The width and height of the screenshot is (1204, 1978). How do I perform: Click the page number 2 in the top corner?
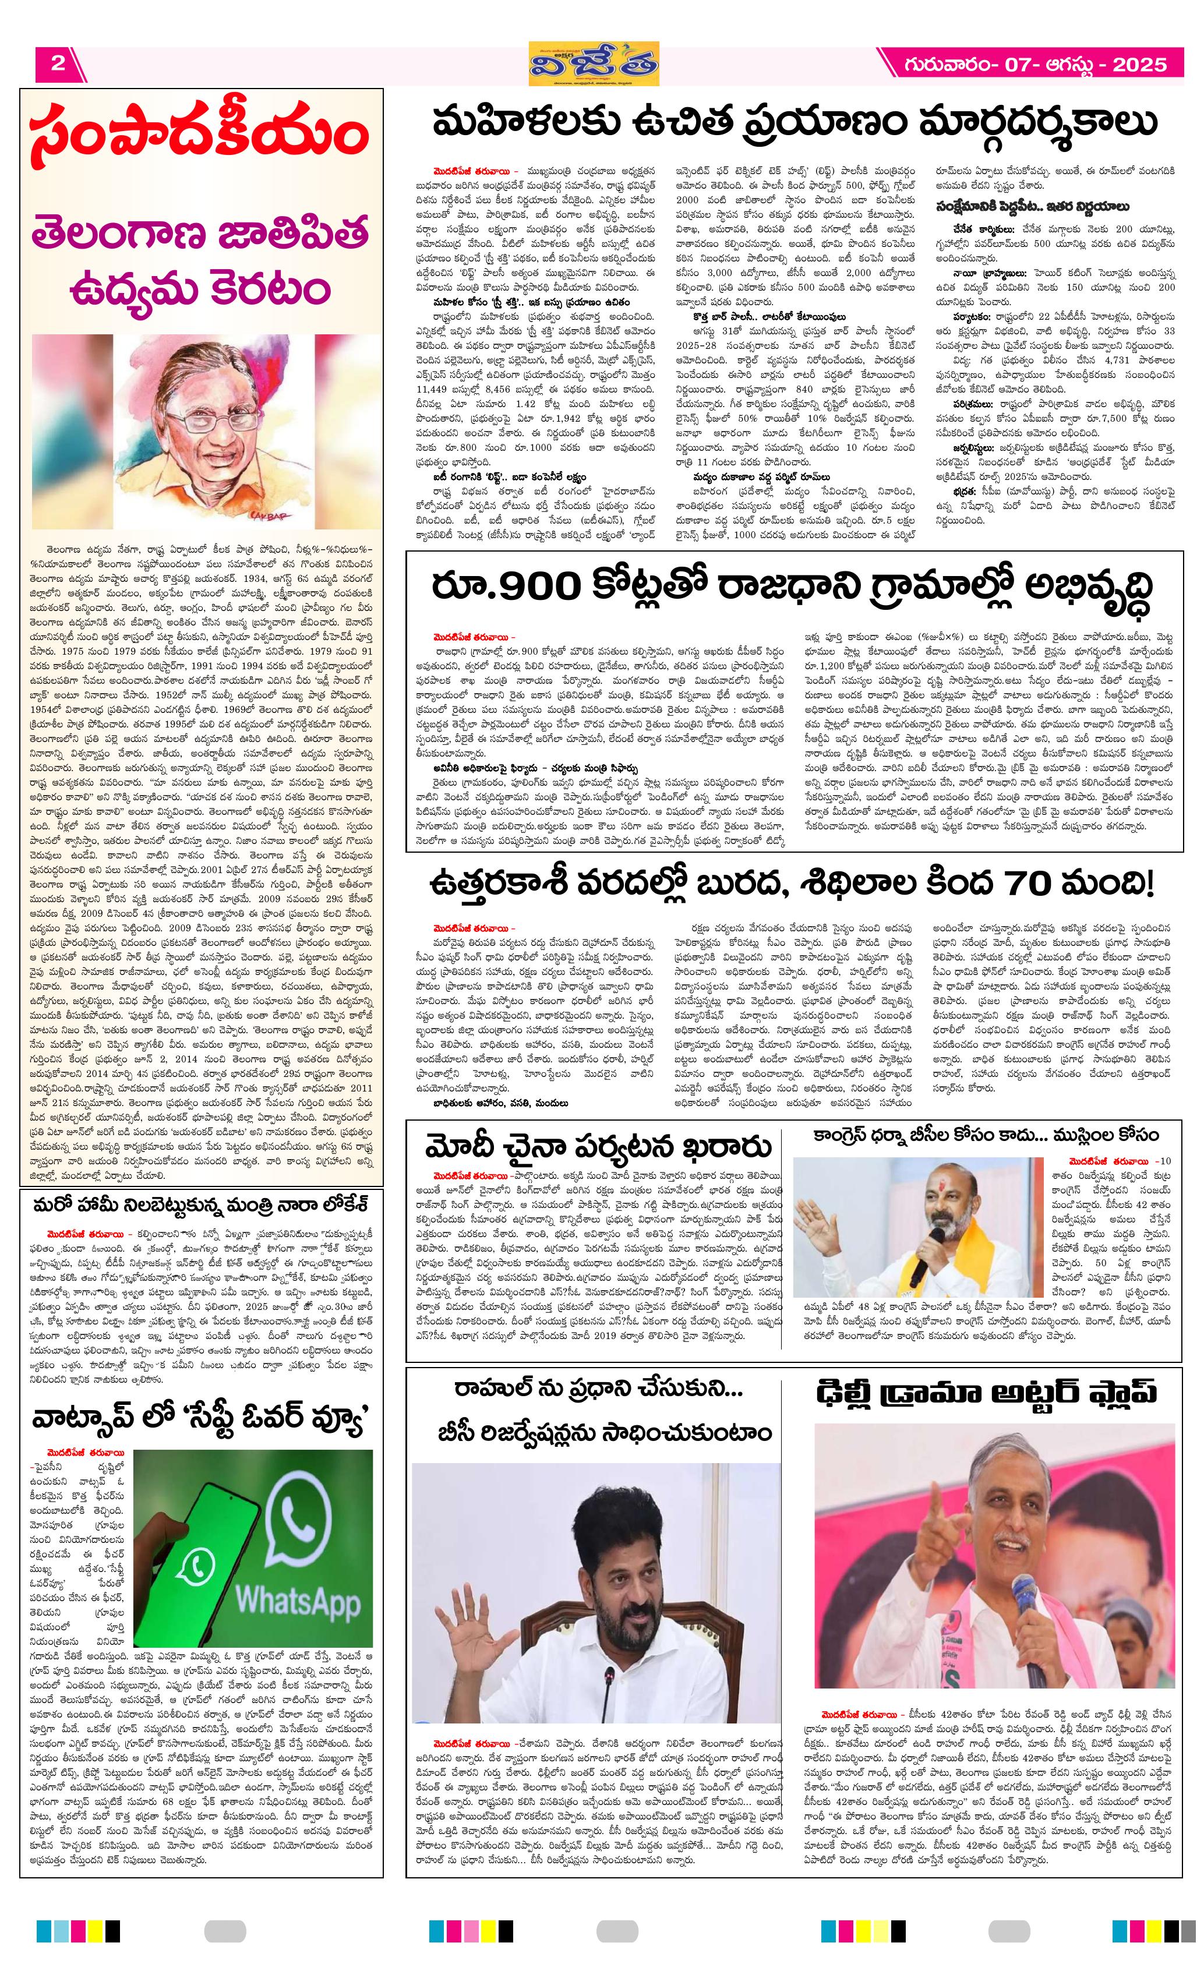click(x=58, y=64)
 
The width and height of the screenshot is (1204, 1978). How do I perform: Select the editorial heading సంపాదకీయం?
click(x=200, y=136)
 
